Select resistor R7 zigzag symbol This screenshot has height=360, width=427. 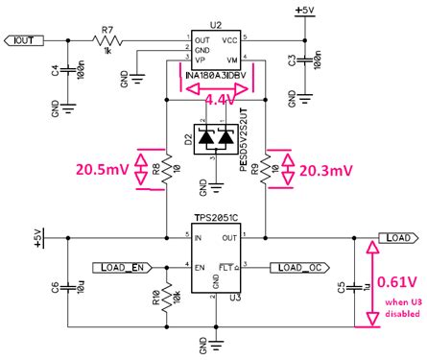pos(107,40)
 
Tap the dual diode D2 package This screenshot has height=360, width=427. pos(215,137)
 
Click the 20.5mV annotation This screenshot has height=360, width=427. pos(104,170)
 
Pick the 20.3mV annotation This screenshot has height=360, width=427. pos(325,170)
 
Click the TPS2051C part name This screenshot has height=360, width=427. pos(215,218)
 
